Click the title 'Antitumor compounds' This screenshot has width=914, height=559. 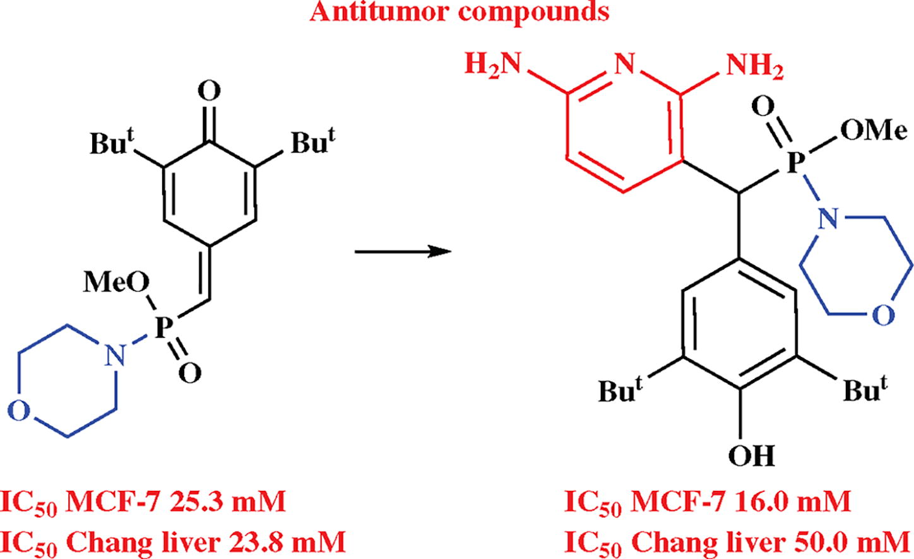(460, 13)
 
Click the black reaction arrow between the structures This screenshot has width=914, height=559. (404, 252)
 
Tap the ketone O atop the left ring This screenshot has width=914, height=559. (209, 92)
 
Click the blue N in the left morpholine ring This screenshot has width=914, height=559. (115, 357)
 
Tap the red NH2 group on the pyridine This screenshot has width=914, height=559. (754, 66)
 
